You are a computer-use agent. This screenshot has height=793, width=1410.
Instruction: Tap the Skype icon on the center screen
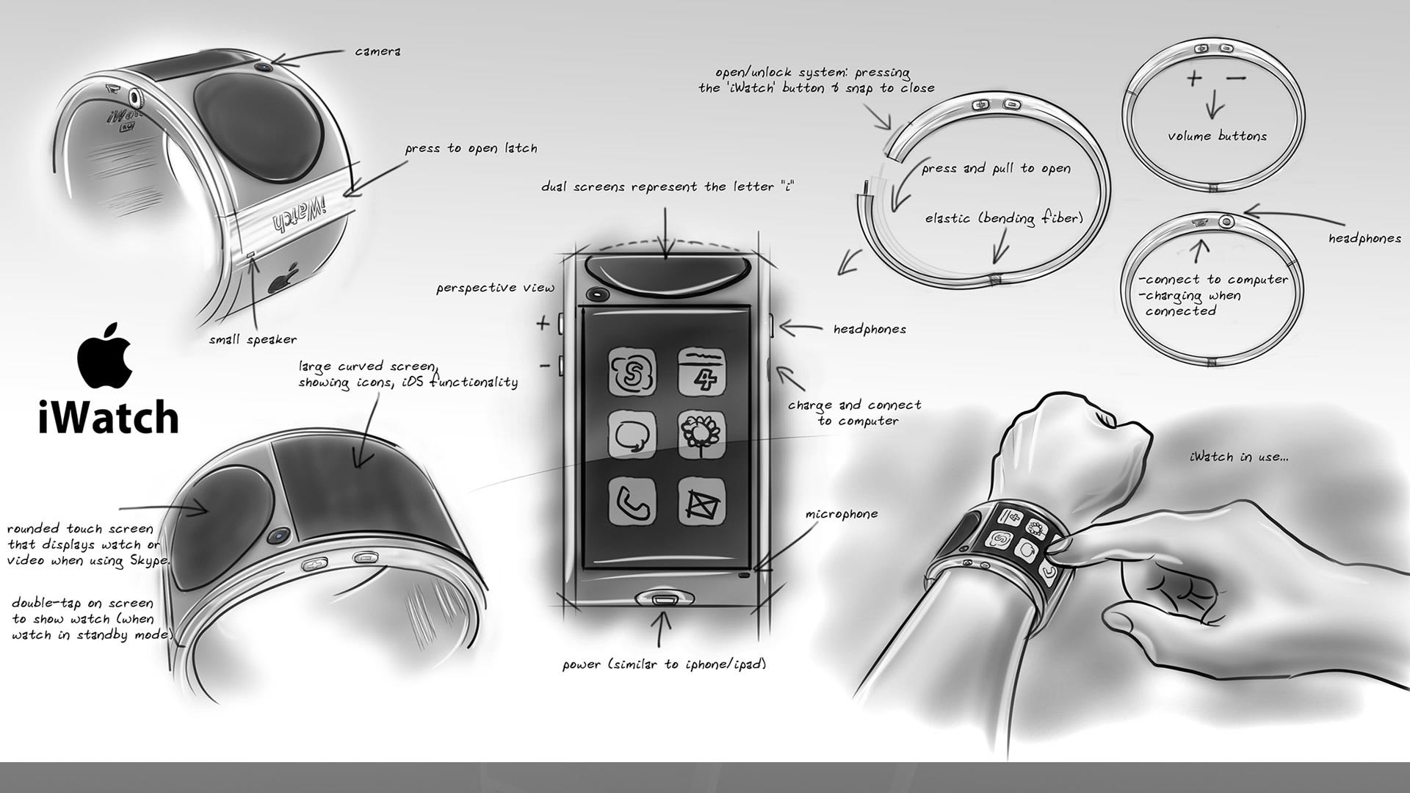coord(632,372)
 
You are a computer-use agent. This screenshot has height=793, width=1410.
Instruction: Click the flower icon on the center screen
coord(701,435)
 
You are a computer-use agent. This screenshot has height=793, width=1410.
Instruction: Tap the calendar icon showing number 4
coord(701,372)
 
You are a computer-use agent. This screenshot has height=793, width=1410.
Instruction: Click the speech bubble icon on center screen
coord(632,435)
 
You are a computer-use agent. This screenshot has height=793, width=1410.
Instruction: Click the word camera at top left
coord(377,51)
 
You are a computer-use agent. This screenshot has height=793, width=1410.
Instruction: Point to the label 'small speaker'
coord(253,340)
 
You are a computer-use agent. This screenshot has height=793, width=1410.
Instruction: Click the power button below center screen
coord(664,598)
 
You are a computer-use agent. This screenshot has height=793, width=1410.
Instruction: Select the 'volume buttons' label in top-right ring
coord(1217,136)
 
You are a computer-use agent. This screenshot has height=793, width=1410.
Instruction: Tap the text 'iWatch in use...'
coord(1238,457)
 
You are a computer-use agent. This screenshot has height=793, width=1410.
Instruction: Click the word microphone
coord(842,514)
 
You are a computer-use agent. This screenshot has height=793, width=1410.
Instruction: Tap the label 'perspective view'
coord(495,288)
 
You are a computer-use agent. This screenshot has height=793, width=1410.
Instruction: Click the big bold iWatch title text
coord(108,419)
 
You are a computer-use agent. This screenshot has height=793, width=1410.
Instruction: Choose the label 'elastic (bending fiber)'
coord(1003,218)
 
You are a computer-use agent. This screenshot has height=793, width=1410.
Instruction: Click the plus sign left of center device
coord(543,323)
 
